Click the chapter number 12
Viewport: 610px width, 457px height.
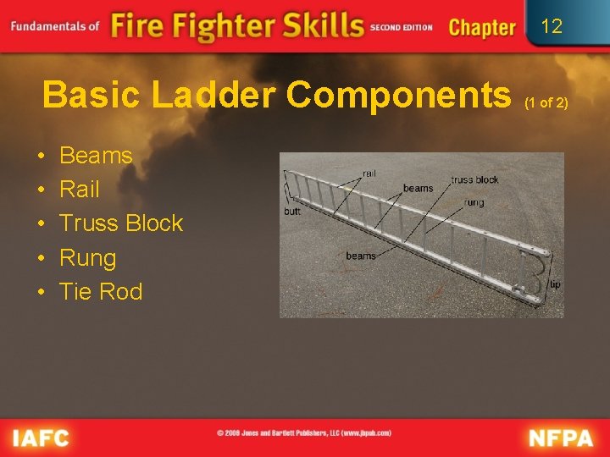coord(552,26)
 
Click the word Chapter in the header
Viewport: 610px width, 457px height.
coord(482,27)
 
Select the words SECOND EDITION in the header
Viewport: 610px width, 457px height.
coord(402,27)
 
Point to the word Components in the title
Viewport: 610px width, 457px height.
coord(394,95)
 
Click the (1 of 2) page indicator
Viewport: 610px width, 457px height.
coord(546,102)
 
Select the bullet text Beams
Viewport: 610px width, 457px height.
coord(96,156)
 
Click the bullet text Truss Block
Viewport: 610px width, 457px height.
coord(121,223)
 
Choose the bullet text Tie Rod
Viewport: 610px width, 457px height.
coord(101,292)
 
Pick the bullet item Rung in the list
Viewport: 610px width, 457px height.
coord(87,258)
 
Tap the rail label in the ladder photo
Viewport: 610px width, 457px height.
coord(369,173)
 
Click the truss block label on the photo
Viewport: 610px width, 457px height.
coord(474,179)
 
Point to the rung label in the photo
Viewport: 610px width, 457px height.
coord(474,202)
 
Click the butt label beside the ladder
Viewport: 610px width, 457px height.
coord(292,212)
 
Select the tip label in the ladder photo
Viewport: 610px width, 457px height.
coord(554,284)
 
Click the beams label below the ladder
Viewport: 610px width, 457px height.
coord(361,256)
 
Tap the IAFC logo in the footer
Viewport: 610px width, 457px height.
coord(41,438)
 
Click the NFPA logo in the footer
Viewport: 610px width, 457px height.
coord(562,438)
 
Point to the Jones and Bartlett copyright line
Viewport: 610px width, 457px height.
coord(304,432)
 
